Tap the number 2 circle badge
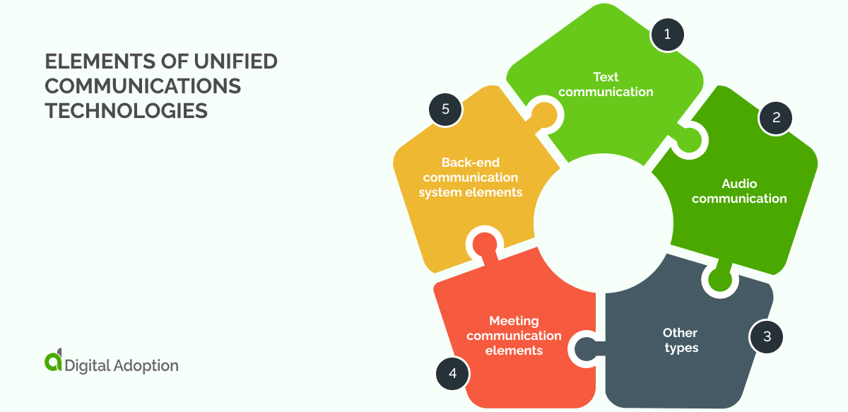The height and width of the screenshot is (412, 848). point(776,118)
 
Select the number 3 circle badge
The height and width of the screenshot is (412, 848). point(767,336)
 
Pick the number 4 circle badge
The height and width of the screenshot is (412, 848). point(452,372)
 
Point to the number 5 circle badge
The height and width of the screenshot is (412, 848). point(445,109)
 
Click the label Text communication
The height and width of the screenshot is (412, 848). point(606,83)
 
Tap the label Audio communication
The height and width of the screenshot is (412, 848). point(739,191)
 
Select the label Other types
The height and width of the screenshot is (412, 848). point(681,340)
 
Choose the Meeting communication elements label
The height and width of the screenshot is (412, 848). point(514,335)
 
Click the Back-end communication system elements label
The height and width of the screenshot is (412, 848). point(471,177)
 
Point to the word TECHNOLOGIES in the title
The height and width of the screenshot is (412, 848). point(126,110)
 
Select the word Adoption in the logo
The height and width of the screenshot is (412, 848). point(146,365)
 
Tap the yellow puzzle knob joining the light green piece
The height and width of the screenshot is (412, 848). point(544,114)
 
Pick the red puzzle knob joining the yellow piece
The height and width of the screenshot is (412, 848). point(484,243)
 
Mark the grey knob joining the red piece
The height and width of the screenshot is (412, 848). point(586,348)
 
